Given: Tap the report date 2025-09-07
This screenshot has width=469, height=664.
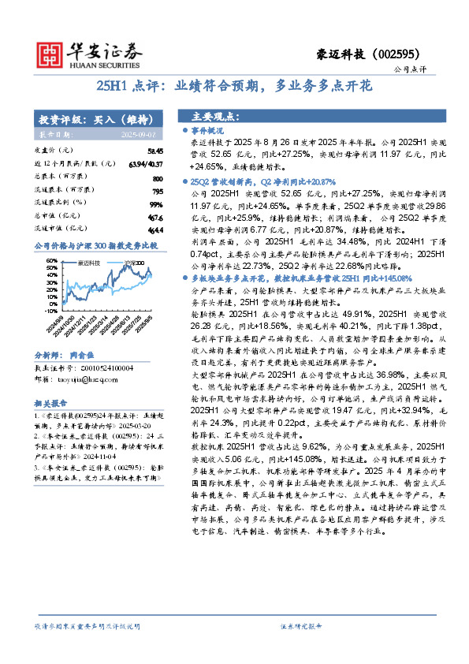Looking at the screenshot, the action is tap(143, 135).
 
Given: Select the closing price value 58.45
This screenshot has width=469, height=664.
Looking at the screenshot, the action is tap(154, 151).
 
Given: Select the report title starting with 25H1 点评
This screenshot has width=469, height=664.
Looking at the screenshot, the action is tap(234, 86).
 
